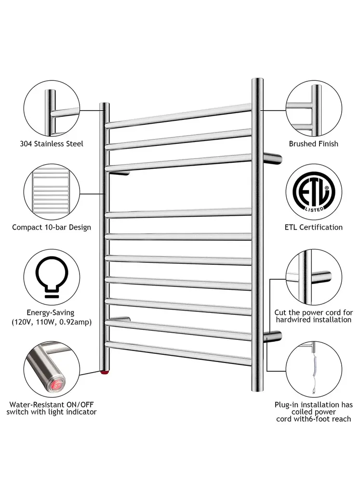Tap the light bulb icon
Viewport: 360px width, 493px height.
pyautogui.click(x=52, y=276)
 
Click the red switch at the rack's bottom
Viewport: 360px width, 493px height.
pyautogui.click(x=104, y=373)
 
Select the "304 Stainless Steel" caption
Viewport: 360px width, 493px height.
pyautogui.click(x=52, y=143)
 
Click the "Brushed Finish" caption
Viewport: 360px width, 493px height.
pyautogui.click(x=313, y=143)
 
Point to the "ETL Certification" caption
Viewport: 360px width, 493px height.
pyautogui.click(x=313, y=227)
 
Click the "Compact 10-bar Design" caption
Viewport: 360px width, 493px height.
pyautogui.click(x=52, y=227)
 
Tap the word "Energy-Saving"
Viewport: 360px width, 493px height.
pyautogui.click(x=50, y=313)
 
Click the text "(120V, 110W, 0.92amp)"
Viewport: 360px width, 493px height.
pyautogui.click(x=52, y=322)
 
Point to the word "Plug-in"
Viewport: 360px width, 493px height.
pyautogui.click(x=287, y=405)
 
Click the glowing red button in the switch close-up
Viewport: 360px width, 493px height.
pyautogui.click(x=57, y=384)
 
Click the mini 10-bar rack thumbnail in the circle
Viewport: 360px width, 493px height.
pyautogui.click(x=51, y=192)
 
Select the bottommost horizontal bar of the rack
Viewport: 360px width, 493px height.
pyautogui.click(x=179, y=353)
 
